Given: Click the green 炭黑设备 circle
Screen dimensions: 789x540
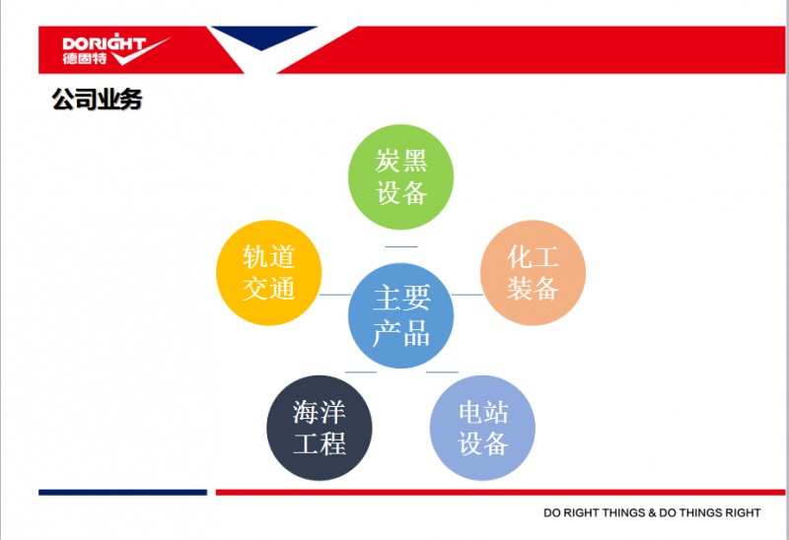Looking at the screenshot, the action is (401, 177).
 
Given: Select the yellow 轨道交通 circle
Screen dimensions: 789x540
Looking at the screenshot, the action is (268, 273).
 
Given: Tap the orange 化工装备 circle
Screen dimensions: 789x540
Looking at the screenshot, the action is (533, 273).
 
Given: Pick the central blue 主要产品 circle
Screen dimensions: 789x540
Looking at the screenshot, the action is (401, 315).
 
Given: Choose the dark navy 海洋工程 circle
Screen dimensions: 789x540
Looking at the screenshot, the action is (319, 428).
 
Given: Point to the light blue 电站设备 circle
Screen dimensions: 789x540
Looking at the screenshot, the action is (482, 428).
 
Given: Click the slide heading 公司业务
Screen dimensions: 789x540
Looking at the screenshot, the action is (97, 99).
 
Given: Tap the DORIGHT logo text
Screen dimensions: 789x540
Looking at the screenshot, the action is (105, 42).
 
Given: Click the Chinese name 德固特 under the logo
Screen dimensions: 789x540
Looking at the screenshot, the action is (85, 58).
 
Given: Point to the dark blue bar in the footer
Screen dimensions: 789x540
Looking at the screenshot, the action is (122, 493).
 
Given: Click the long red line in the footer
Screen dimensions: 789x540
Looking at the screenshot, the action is (500, 493).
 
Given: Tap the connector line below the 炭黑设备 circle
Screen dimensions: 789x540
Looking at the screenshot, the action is (401, 246).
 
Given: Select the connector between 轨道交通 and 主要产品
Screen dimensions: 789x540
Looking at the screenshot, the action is (335, 294).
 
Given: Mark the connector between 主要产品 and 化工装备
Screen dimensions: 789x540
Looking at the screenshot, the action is (467, 294).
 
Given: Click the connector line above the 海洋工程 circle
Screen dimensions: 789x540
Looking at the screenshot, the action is (361, 372).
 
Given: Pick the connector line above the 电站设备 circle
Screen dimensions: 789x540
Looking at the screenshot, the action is (442, 372).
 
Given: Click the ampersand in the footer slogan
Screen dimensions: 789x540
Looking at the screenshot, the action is (652, 512).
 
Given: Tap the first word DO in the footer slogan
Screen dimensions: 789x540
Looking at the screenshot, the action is (552, 512).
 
